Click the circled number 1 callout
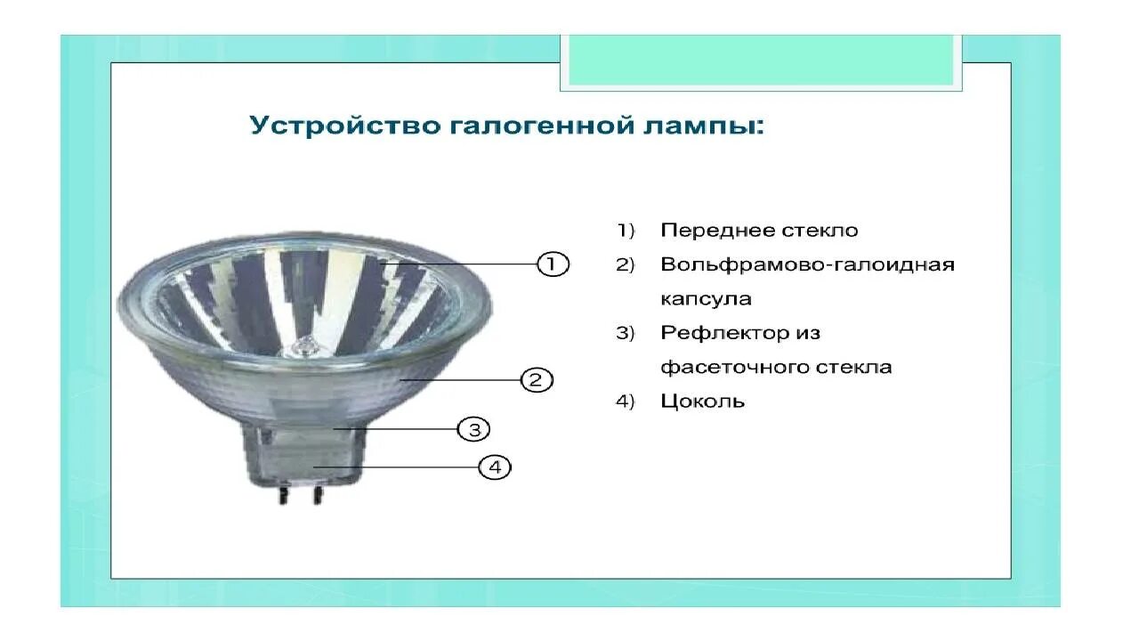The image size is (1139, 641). (552, 264)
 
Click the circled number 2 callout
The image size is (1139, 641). (536, 380)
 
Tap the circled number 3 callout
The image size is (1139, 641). (473, 430)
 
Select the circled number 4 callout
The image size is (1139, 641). (495, 467)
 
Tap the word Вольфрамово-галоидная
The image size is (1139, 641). (807, 265)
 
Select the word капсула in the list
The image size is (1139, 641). (706, 299)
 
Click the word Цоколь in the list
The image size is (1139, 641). (702, 402)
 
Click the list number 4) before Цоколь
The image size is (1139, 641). (626, 402)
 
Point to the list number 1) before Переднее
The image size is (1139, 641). (626, 231)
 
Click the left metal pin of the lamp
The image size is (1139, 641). (282, 495)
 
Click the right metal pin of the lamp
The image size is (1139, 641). (317, 495)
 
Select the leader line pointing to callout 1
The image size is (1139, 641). (463, 264)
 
